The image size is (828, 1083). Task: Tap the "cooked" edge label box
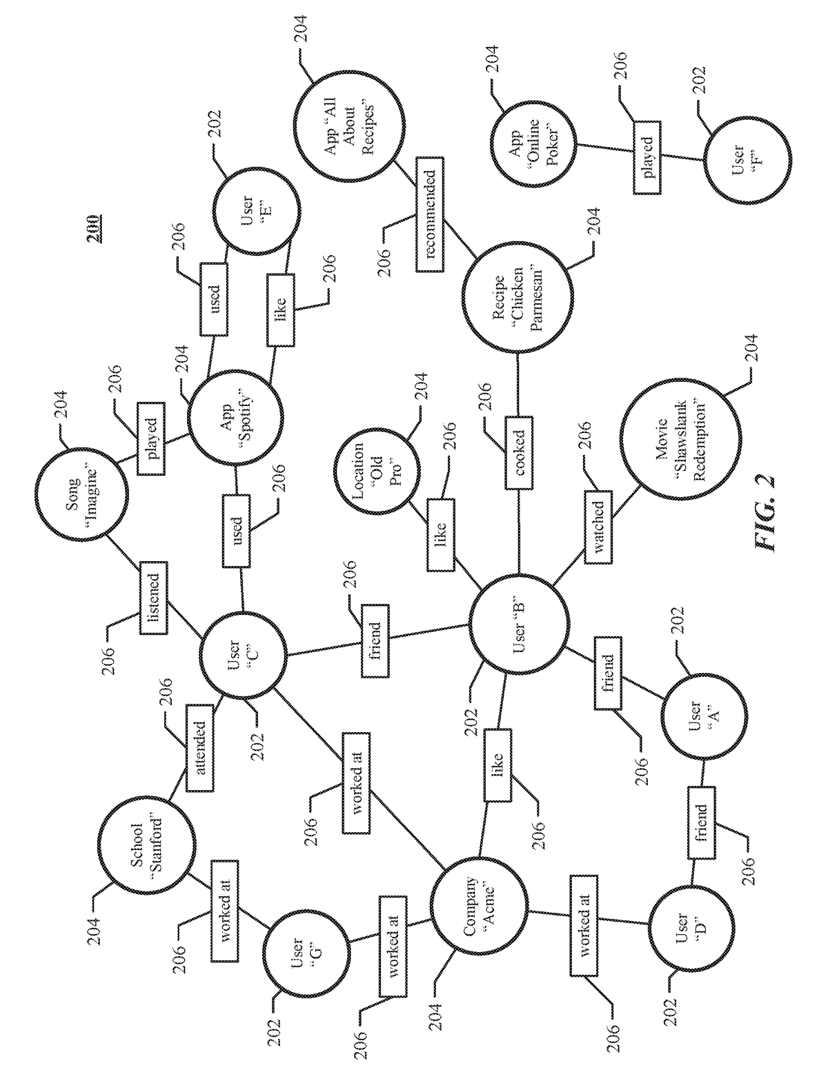coord(520,452)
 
